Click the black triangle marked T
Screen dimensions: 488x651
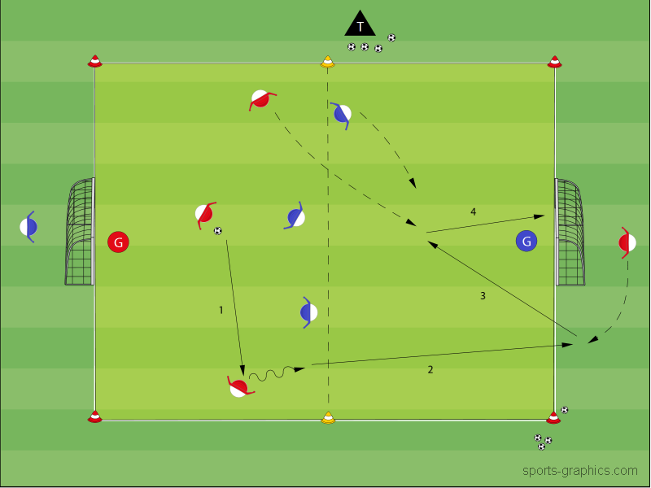(x=360, y=24)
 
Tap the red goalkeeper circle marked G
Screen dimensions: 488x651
(x=118, y=242)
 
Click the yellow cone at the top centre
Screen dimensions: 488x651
(x=327, y=61)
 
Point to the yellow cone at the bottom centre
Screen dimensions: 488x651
(x=328, y=418)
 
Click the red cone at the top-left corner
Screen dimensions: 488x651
(x=95, y=61)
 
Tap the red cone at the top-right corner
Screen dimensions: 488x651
(x=554, y=61)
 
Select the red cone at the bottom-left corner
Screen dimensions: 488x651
(x=95, y=417)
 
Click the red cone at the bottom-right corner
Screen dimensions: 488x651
(x=553, y=417)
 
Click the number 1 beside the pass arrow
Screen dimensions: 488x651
(x=221, y=310)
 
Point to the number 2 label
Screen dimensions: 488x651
(x=430, y=370)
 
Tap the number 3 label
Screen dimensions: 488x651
(x=483, y=296)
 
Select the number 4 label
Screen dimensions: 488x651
(x=473, y=212)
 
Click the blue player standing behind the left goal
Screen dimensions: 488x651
(x=28, y=226)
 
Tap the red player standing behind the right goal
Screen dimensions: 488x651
(x=627, y=242)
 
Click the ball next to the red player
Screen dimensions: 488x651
(x=217, y=231)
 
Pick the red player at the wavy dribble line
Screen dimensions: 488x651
(x=238, y=387)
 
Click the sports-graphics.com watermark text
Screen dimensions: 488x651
(x=580, y=471)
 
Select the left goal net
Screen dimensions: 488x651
(x=81, y=232)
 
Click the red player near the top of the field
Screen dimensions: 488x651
(x=260, y=99)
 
